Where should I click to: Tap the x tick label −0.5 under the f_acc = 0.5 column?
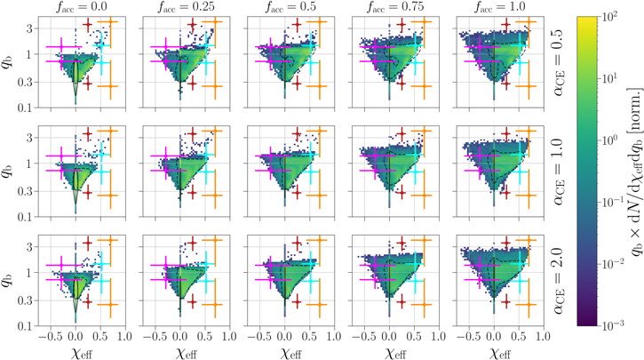click(x=258, y=338)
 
